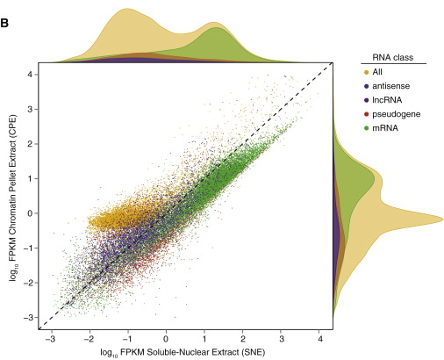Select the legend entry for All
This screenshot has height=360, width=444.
pos(379,71)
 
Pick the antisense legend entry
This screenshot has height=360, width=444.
pos(390,85)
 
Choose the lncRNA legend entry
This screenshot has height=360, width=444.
pos(388,99)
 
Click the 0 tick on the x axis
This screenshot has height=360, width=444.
pos(166,335)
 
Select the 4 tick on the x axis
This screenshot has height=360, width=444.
pos(319,335)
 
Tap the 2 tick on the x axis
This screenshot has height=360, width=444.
pos(243,335)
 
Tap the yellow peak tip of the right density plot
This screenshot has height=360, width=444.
pos(441,219)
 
